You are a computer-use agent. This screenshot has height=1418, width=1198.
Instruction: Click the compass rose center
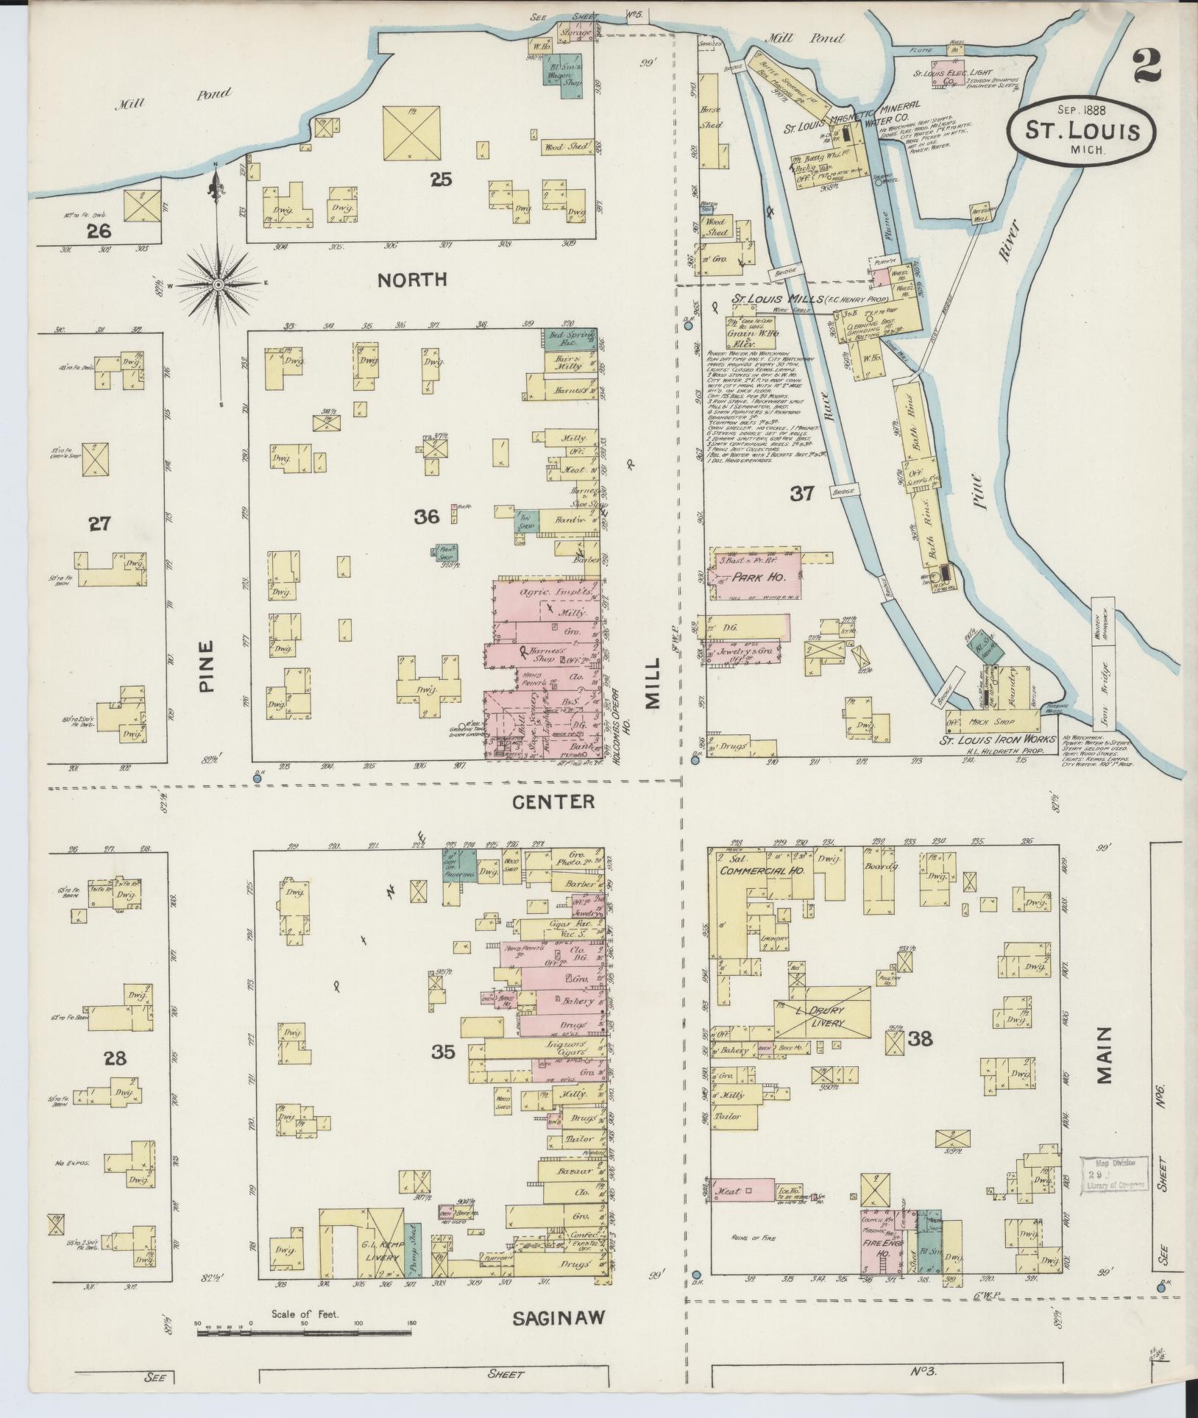pyautogui.click(x=219, y=284)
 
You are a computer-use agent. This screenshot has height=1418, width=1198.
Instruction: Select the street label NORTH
pyautogui.click(x=412, y=279)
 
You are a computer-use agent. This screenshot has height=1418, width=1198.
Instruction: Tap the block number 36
pyautogui.click(x=426, y=517)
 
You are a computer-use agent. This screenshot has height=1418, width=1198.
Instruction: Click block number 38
pyautogui.click(x=920, y=1038)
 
